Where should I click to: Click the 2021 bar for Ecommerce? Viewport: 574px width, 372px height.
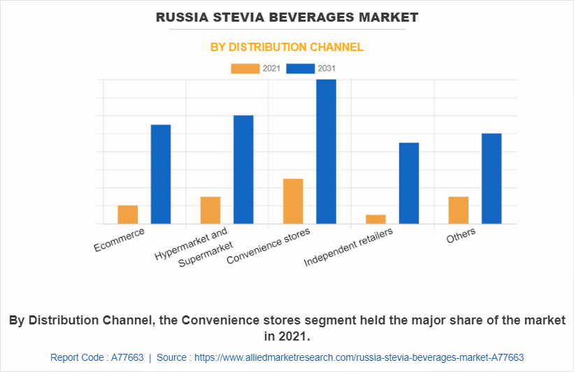[x=128, y=215]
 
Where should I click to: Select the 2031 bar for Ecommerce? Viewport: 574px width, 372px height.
[x=161, y=174]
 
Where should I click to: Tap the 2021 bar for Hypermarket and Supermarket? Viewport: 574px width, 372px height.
[x=210, y=210]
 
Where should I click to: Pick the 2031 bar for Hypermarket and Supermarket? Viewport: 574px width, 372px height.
[x=243, y=169]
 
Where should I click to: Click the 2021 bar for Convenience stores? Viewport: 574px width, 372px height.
[x=293, y=201]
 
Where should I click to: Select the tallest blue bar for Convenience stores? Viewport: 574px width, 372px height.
[x=326, y=152]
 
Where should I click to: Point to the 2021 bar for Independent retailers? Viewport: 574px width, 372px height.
[x=376, y=219]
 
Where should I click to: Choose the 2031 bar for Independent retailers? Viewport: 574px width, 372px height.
[x=409, y=183]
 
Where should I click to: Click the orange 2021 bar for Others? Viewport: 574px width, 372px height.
[x=459, y=210]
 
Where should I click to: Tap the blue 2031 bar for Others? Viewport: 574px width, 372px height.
[x=492, y=178]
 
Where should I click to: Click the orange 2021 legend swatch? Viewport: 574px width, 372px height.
[x=245, y=69]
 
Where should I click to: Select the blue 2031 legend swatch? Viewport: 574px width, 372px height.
[x=301, y=69]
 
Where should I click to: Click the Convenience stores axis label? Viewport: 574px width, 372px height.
[x=269, y=246]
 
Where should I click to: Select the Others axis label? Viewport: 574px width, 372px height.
[x=461, y=236]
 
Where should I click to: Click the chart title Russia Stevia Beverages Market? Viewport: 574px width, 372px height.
[x=287, y=17]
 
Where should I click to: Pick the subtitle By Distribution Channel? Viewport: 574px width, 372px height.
[x=287, y=48]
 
